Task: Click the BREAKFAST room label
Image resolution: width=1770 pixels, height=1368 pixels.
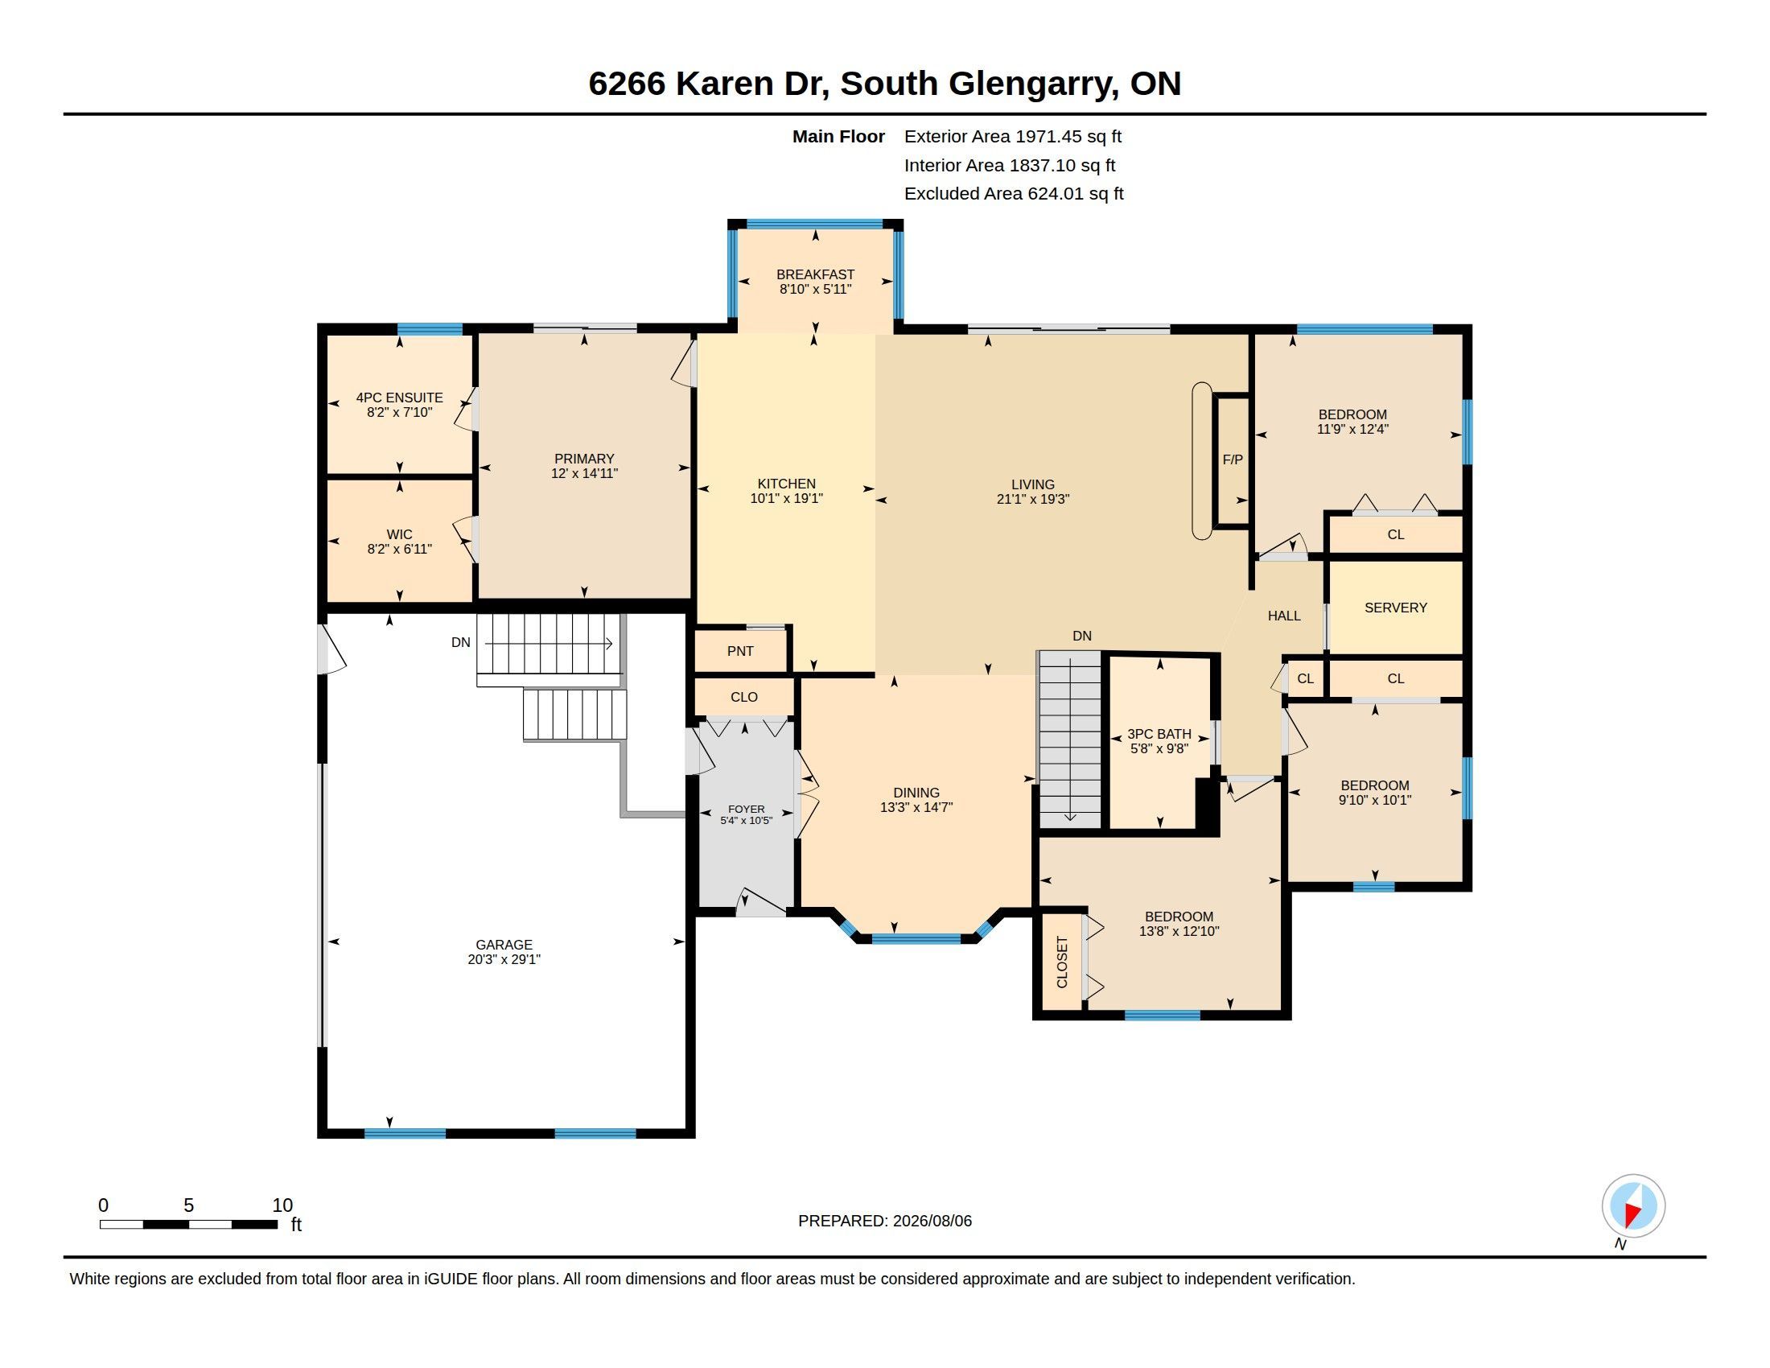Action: point(814,274)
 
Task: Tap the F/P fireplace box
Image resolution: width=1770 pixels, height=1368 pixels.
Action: point(1233,460)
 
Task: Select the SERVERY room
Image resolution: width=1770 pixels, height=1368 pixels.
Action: point(1396,608)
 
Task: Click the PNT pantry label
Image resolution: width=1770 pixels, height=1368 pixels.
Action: point(741,651)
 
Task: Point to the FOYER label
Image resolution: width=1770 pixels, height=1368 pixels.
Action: point(747,809)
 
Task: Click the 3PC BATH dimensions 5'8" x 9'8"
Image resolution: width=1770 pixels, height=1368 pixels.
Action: point(1159,749)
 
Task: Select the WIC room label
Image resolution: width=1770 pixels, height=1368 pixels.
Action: point(400,535)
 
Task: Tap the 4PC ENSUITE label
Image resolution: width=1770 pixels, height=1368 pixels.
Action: point(400,398)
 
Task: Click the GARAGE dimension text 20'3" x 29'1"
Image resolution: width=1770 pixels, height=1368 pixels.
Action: point(504,959)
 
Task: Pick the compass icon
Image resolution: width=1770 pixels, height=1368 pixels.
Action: point(1633,1206)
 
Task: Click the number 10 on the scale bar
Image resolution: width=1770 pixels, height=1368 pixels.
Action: point(282,1205)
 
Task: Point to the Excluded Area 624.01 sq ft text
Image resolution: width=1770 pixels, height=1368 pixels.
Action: point(1014,194)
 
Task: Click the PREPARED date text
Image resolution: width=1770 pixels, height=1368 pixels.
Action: point(885,1221)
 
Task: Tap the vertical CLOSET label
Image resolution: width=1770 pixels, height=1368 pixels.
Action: point(1063,962)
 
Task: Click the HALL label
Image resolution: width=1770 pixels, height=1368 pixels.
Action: point(1284,616)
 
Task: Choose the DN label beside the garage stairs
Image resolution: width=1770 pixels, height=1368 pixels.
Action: point(460,643)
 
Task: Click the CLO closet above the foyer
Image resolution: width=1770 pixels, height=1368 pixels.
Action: point(744,697)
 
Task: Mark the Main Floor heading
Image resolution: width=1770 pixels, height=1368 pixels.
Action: point(839,137)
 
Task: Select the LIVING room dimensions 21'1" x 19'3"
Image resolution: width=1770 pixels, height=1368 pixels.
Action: point(1033,499)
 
